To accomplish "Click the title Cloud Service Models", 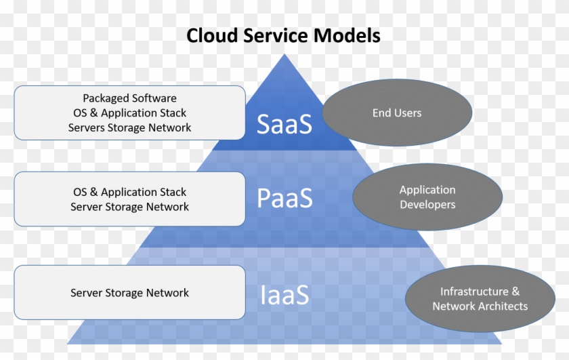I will click(283, 35).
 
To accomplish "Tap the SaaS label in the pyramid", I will click(284, 123).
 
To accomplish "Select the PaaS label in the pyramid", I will click(284, 198).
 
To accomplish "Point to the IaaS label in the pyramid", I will click(284, 295).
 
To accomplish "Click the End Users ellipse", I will click(397, 113).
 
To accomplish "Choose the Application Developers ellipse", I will click(427, 197).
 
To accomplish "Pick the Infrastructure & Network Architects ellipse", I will click(480, 299).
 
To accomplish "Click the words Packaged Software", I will click(129, 98).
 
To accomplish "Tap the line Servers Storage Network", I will click(129, 127).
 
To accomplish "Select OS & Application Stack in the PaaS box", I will click(129, 192).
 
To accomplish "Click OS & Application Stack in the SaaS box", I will click(129, 113).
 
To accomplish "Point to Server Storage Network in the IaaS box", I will click(129, 293).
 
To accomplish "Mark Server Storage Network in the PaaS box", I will click(129, 207).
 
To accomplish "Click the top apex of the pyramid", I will click(284, 56).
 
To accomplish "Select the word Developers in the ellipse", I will click(427, 205).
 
